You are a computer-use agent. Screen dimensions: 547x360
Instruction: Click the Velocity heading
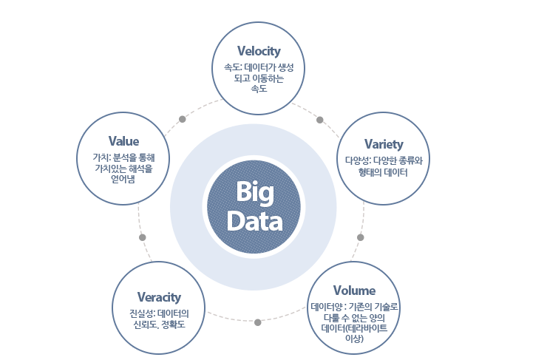pos(259,51)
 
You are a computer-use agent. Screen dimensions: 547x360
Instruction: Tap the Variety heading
pos(384,144)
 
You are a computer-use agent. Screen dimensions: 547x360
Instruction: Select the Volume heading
pos(354,291)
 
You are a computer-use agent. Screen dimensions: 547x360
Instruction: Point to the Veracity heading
pos(159,297)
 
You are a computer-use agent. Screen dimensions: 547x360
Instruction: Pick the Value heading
pos(123,141)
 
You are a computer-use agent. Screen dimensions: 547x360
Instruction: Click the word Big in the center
pos(255,192)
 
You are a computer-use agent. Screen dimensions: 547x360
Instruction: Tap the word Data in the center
pos(255,222)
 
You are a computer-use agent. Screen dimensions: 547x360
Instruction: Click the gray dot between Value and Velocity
pos(182,119)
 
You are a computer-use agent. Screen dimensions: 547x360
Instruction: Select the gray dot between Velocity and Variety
pos(319,120)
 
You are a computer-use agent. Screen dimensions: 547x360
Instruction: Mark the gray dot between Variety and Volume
pos(361,237)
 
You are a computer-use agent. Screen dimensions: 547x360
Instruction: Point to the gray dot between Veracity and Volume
pos(257,323)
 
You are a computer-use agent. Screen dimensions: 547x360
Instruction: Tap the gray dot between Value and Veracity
pos(143,237)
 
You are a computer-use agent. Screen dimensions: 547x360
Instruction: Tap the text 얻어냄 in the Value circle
pos(123,180)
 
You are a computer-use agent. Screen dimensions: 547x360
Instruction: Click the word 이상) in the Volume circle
pos(354,339)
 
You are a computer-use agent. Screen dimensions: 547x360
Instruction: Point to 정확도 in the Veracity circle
pos(173,325)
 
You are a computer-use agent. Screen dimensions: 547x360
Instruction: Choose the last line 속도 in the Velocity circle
pos(259,89)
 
